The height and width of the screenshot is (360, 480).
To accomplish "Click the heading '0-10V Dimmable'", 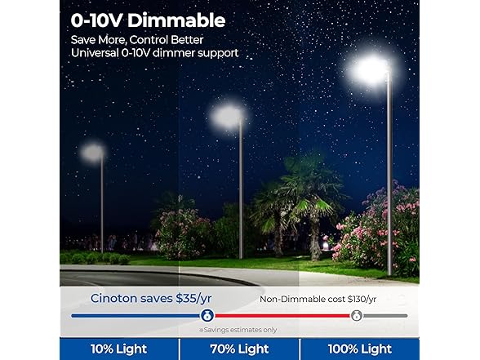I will click(x=146, y=20).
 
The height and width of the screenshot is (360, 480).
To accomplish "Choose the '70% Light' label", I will click(x=239, y=349).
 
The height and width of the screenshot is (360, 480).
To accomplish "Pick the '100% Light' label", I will click(x=360, y=349).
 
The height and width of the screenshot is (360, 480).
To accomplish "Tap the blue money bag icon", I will click(x=207, y=315).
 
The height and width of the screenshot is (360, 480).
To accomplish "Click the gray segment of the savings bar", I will click(x=387, y=315).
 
